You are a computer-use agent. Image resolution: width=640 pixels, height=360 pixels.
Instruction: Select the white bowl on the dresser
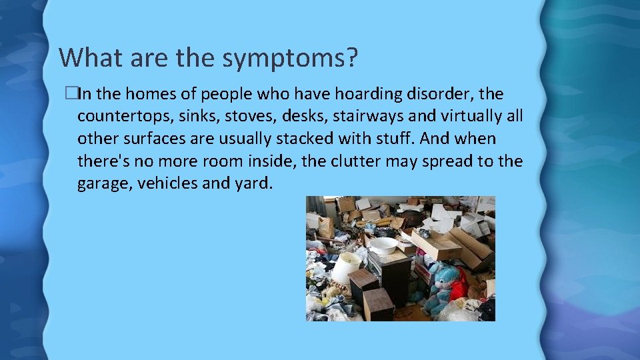383,245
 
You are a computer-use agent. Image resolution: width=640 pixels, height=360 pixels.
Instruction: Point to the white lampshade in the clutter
346,267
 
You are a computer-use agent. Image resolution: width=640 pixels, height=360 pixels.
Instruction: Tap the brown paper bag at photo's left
326,227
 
